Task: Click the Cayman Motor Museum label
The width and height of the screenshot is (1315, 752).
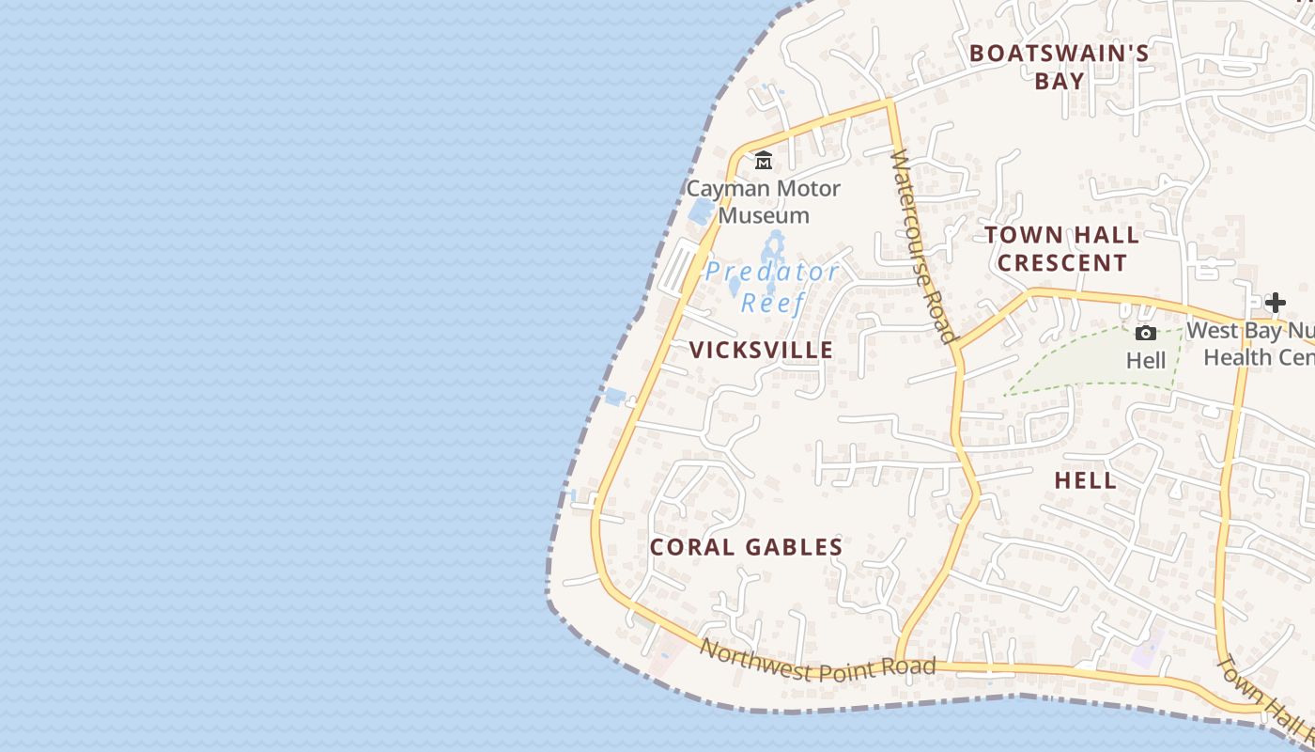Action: tap(764, 202)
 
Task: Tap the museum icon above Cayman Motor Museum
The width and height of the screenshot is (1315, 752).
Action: tap(764, 162)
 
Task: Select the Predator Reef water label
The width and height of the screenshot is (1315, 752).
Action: tap(772, 287)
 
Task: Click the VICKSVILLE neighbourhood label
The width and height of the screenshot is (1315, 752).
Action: tap(761, 351)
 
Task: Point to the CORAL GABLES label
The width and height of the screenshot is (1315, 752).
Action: tap(746, 547)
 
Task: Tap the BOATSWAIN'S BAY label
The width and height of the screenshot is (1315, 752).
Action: tap(1060, 67)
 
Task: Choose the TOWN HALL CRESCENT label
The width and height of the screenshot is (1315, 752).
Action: tap(1061, 249)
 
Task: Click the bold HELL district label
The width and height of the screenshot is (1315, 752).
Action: tap(1085, 480)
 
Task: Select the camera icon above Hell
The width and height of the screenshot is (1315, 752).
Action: tap(1145, 333)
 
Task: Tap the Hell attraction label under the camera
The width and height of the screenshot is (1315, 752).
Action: tap(1146, 361)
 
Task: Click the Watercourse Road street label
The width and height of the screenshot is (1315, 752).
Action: tap(922, 246)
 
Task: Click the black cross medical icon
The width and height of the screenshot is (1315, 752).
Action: tap(1275, 303)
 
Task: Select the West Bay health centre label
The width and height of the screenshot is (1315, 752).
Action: tap(1254, 344)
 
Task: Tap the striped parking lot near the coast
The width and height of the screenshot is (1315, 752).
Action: tap(683, 265)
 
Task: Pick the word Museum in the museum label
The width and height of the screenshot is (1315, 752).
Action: tap(764, 215)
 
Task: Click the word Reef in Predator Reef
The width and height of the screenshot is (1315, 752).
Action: tap(772, 303)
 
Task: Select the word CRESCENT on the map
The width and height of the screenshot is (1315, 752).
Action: tap(1061, 263)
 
